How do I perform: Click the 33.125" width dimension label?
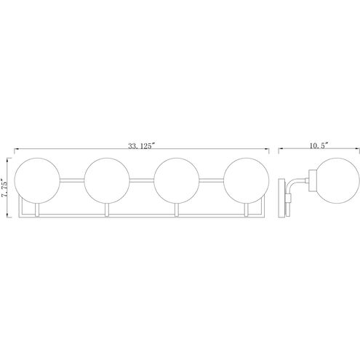click(x=141, y=146)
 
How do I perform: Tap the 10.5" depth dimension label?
click(x=319, y=145)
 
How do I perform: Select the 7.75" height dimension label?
click(x=4, y=188)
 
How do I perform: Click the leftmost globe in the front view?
click(x=37, y=180)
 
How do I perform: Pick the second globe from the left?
click(x=107, y=180)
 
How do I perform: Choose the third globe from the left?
click(x=177, y=180)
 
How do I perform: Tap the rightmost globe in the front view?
click(x=247, y=180)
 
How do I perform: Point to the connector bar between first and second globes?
click(x=72, y=180)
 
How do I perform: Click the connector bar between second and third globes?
click(x=142, y=180)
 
